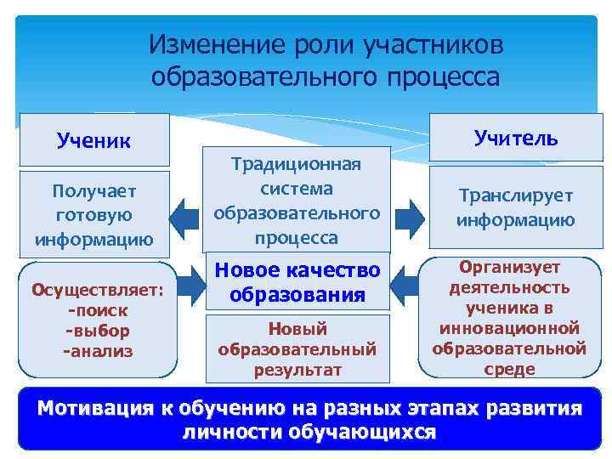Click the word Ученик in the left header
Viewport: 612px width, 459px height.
pos(93,139)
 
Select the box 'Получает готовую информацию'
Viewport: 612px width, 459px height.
pos(93,216)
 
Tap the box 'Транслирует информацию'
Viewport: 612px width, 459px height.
pos(515,207)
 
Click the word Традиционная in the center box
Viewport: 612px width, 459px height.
pos(296,163)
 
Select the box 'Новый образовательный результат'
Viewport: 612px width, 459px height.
pos(296,348)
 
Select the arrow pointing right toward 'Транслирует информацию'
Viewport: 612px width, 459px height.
pos(410,218)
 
